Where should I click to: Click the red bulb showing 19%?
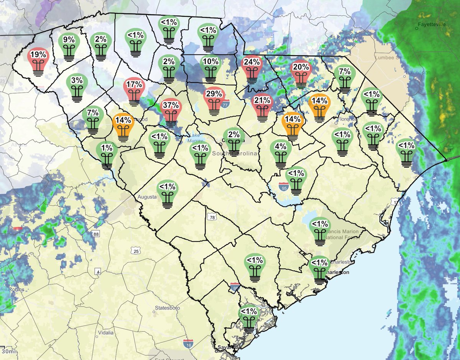[38, 61]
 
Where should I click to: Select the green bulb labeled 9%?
[69, 47]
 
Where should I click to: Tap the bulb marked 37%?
[171, 111]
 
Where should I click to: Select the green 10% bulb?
[210, 69]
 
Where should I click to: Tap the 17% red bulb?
[135, 91]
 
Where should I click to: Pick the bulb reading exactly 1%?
[107, 154]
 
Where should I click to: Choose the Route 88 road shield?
[95, 233]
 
